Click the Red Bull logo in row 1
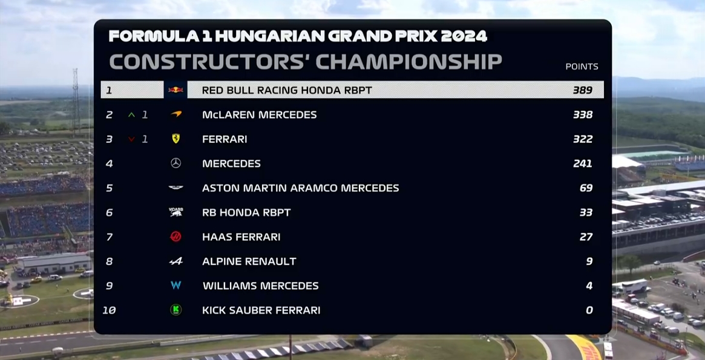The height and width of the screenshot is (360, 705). click(x=176, y=90)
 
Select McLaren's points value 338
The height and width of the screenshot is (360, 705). click(x=583, y=114)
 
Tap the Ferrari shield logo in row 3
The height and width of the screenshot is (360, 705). click(x=176, y=139)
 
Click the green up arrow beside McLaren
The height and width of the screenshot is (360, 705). click(x=131, y=114)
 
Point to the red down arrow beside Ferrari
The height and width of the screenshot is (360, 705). click(x=131, y=139)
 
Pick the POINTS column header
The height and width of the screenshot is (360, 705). click(x=582, y=67)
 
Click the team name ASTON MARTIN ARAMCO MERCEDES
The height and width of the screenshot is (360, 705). click(x=300, y=188)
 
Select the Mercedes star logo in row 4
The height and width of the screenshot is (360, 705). click(x=176, y=163)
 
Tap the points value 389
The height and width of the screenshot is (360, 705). click(x=583, y=90)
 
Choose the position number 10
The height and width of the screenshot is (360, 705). click(x=110, y=310)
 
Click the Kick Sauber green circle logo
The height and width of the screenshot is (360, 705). click(x=176, y=310)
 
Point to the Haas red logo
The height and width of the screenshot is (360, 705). click(x=176, y=237)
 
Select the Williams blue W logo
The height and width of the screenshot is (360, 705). click(x=176, y=285)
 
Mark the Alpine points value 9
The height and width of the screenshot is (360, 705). click(x=589, y=261)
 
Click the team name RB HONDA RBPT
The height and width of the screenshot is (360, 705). click(x=246, y=212)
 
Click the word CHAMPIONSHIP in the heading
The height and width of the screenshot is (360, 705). click(x=408, y=62)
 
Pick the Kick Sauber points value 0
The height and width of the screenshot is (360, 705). click(x=589, y=310)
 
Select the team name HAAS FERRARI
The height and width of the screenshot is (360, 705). click(x=241, y=237)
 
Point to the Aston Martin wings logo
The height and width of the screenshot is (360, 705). click(x=176, y=188)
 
